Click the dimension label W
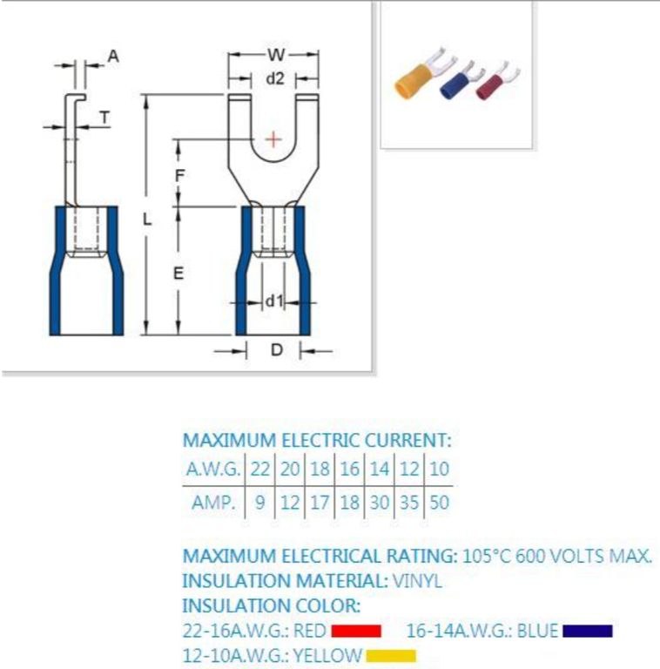pyautogui.click(x=276, y=55)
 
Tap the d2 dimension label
pyautogui.click(x=274, y=78)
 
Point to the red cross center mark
pyautogui.click(x=273, y=139)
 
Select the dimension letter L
pyautogui.click(x=146, y=220)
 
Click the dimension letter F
pyautogui.click(x=179, y=175)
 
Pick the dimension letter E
pyautogui.click(x=178, y=273)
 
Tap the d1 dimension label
pyautogui.click(x=273, y=301)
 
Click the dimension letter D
pyautogui.click(x=277, y=350)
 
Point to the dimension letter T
pyautogui.click(x=104, y=117)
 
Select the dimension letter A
pyautogui.click(x=113, y=56)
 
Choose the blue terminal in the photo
pyautogui.click(x=461, y=81)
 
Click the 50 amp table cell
pyautogui.click(x=439, y=502)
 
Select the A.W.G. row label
pyautogui.click(x=213, y=469)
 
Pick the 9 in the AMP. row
pyautogui.click(x=259, y=502)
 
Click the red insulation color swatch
pyautogui.click(x=356, y=631)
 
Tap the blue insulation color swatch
pyautogui.click(x=588, y=631)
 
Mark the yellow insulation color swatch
pyautogui.click(x=391, y=656)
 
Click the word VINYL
pyautogui.click(x=416, y=581)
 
